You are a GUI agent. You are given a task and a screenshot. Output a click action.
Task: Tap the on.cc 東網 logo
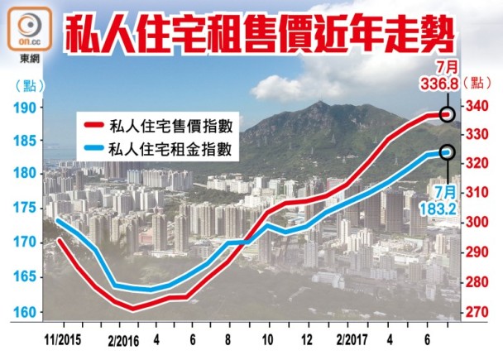(27, 29)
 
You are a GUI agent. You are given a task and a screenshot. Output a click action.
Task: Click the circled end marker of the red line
(448, 114)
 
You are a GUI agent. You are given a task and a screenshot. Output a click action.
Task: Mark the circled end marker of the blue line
(448, 152)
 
